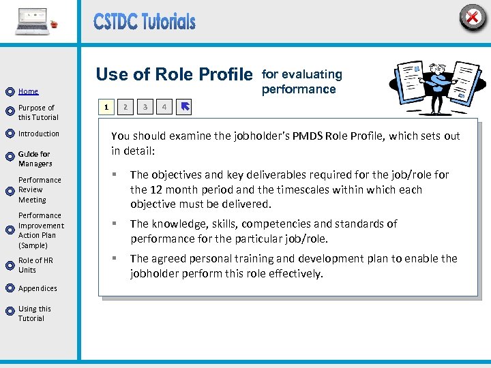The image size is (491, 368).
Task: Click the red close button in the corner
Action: pyautogui.click(x=472, y=16)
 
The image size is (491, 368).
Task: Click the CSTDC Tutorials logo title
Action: pyautogui.click(x=145, y=22)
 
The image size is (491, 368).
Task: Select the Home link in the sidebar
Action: pyautogui.click(x=28, y=91)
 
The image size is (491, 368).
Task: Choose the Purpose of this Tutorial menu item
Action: pyautogui.click(x=38, y=112)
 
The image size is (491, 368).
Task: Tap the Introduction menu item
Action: pyautogui.click(x=38, y=134)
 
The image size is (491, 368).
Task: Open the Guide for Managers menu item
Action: pyautogui.click(x=35, y=159)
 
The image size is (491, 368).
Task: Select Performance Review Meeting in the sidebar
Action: pyautogui.click(x=40, y=190)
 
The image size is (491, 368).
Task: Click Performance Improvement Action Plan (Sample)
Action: pyautogui.click(x=41, y=230)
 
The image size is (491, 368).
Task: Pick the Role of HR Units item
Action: pyautogui.click(x=35, y=265)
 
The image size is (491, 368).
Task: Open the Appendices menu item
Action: pyautogui.click(x=38, y=288)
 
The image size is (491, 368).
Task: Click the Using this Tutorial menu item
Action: pyautogui.click(x=34, y=313)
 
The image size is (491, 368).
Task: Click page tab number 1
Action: pyautogui.click(x=105, y=107)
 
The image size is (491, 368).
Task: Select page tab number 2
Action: pyautogui.click(x=125, y=107)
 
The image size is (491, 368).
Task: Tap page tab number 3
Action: pyautogui.click(x=145, y=107)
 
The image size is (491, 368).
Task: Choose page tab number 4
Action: pyautogui.click(x=164, y=107)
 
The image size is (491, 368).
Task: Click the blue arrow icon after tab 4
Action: pyautogui.click(x=185, y=107)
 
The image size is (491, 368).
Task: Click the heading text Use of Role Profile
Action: pyautogui.click(x=174, y=74)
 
